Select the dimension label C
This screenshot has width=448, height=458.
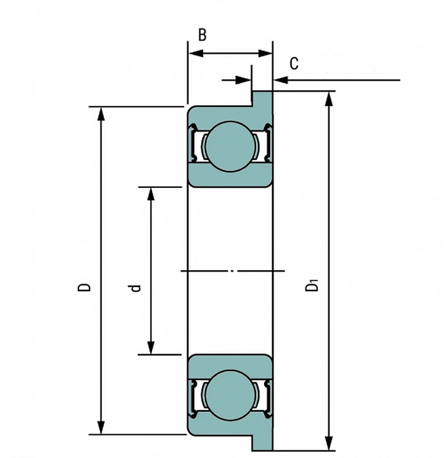click(294, 64)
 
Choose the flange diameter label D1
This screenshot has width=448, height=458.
click(313, 286)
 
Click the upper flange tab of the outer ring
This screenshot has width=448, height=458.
click(263, 98)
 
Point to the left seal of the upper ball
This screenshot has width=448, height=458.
click(196, 145)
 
